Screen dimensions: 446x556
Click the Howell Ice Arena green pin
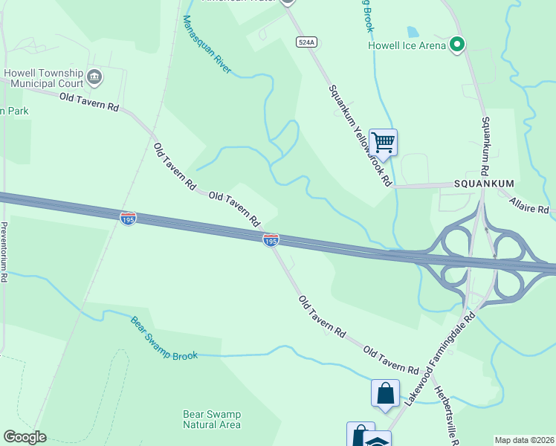coord(458,45)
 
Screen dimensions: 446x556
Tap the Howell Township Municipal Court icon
coord(94,76)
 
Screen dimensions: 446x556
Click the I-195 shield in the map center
coord(271,240)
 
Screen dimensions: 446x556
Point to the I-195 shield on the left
coord(128,219)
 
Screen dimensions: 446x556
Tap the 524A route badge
coord(306,42)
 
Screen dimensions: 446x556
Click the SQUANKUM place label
coord(485,184)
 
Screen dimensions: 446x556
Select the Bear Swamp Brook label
coord(164,339)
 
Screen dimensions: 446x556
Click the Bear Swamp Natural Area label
coord(212,419)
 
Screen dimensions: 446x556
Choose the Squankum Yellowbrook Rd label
coord(360,135)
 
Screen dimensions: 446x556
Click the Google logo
coord(25,437)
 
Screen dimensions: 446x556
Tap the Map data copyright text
coord(525,440)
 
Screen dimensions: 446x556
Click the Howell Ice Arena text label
coord(407,45)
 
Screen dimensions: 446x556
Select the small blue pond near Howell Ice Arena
coord(412,32)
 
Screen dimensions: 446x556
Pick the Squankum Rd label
coord(488,145)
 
